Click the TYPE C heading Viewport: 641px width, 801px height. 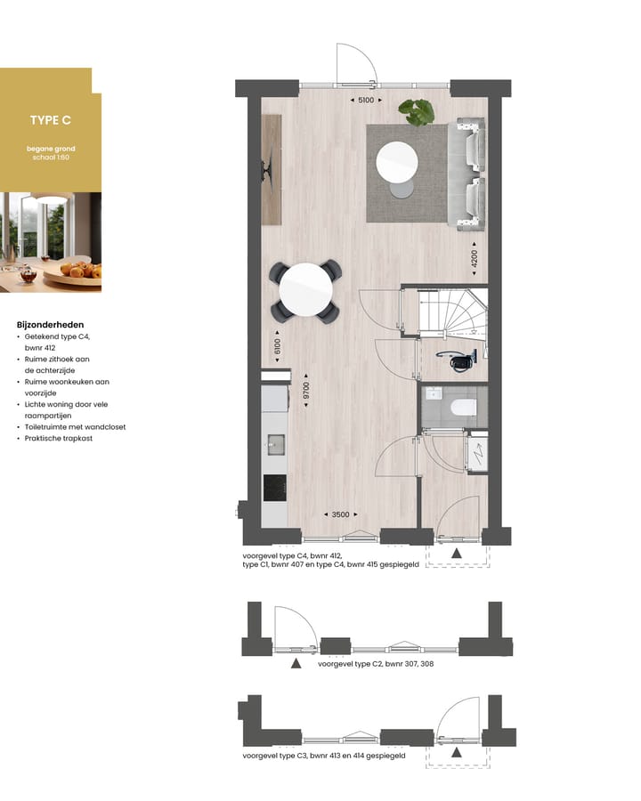(x=51, y=120)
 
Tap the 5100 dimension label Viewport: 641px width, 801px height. (x=366, y=100)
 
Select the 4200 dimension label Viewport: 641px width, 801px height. (x=475, y=258)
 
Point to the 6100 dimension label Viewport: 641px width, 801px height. (x=277, y=346)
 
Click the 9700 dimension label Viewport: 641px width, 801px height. (x=306, y=391)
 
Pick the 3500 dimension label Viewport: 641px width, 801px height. (x=340, y=514)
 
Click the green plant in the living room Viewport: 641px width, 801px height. (x=417, y=112)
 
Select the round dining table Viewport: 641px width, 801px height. (x=305, y=289)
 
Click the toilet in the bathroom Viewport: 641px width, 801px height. (x=464, y=408)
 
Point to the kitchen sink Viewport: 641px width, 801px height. (x=276, y=444)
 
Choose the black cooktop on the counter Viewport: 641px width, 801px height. (x=275, y=488)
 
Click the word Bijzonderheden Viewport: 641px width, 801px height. (x=50, y=325)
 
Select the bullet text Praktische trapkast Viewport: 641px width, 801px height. (x=59, y=438)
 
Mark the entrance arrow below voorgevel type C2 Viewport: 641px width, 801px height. (x=296, y=664)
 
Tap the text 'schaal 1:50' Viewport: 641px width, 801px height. (x=51, y=158)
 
